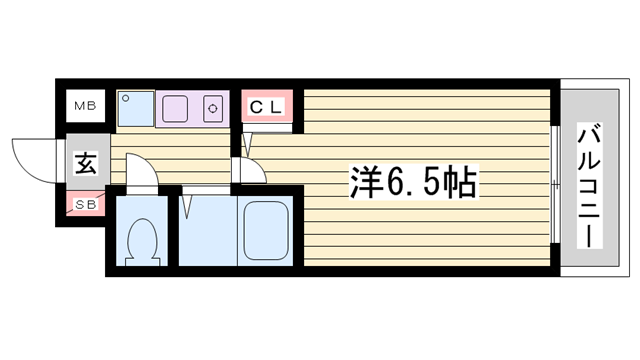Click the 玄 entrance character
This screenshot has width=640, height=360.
pyautogui.click(x=85, y=164)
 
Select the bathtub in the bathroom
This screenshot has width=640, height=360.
pyautogui.click(x=265, y=231)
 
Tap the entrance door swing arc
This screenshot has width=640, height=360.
pyautogui.click(x=33, y=160)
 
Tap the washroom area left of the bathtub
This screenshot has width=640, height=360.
pyautogui.click(x=207, y=233)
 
